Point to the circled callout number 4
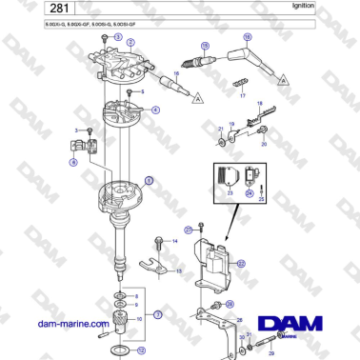point(155,110)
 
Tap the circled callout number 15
point(204,45)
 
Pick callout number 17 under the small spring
point(243,96)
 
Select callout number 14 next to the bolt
point(175,241)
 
